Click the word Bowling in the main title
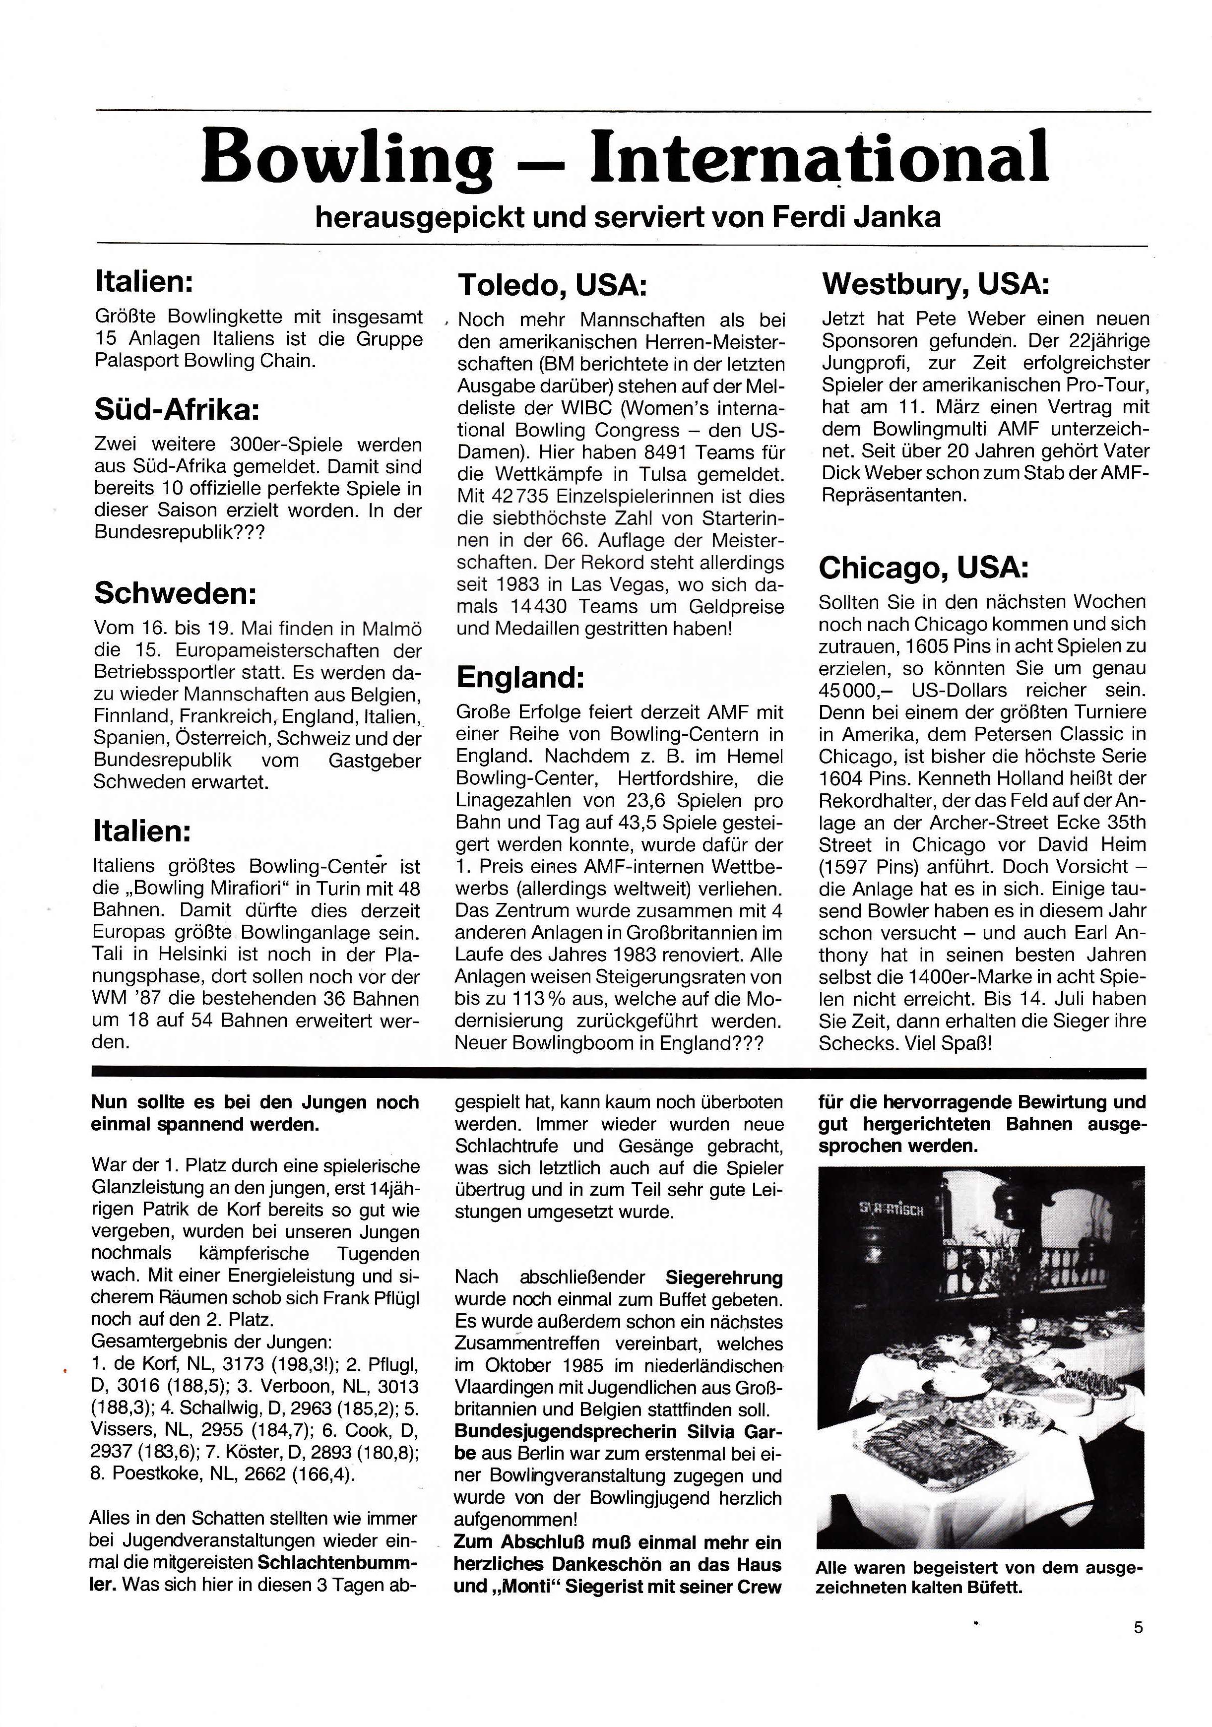(x=347, y=158)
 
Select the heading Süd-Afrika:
(x=177, y=409)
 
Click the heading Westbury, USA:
(x=935, y=284)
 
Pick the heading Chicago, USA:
(x=923, y=568)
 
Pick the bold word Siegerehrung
(x=724, y=1278)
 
